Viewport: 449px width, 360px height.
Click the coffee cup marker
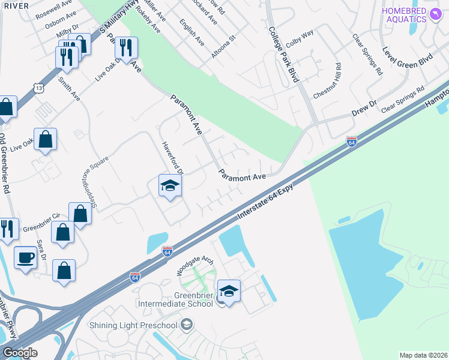[25, 258]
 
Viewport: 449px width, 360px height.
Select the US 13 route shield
[38, 88]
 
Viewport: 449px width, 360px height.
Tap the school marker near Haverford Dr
[170, 187]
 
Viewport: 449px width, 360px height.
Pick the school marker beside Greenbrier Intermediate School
[229, 292]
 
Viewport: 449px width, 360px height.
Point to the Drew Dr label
[364, 108]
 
